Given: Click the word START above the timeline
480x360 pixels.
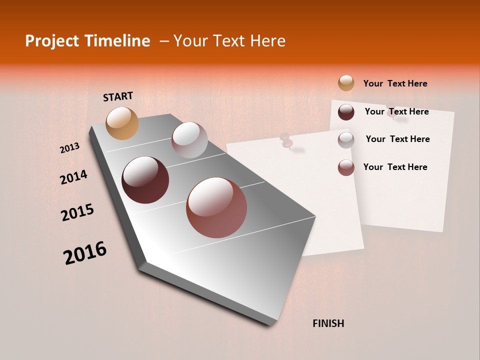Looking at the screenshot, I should (118, 96).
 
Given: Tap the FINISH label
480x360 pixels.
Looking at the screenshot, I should (328, 323).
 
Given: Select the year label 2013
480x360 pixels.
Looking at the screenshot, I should (69, 148).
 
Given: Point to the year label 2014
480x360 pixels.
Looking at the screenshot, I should (73, 177).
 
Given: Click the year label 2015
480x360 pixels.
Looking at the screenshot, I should (77, 212).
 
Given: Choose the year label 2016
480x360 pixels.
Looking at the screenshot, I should (85, 252).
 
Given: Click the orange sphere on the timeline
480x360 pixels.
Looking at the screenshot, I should (122, 123).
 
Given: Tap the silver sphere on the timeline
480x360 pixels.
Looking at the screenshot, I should (189, 140).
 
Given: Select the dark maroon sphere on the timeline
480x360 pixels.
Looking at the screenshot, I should (145, 180).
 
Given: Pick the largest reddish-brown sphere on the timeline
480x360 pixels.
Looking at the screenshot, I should (216, 207).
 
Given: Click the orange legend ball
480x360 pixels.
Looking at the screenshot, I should (346, 83).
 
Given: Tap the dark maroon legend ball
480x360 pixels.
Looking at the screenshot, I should (346, 112).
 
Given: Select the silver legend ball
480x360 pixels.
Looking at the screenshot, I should (346, 140).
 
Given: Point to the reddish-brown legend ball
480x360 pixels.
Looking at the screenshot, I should (346, 167).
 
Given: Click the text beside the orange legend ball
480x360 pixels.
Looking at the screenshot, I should (395, 83).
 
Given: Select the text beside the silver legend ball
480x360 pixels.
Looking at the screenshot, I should (397, 139).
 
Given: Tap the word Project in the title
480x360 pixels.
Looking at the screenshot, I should (51, 41).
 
